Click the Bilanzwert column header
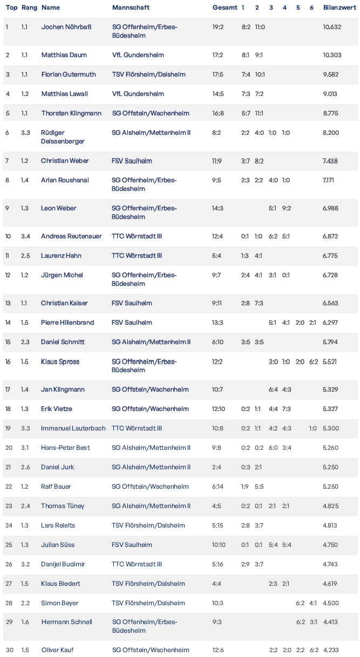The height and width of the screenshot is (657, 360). (339, 8)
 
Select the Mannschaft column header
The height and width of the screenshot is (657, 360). (131, 8)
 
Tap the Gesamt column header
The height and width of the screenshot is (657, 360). (225, 8)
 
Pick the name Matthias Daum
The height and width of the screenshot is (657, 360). (64, 55)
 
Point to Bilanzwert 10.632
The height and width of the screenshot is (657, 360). (332, 27)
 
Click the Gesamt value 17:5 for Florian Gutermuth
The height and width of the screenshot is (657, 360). (219, 74)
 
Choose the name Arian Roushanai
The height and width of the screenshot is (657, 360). (65, 180)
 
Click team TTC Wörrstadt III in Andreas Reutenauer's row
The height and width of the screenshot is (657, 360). (137, 236)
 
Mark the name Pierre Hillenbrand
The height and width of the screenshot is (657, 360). (67, 323)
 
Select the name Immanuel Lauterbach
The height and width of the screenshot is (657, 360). (73, 428)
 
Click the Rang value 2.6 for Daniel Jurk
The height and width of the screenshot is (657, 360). (25, 467)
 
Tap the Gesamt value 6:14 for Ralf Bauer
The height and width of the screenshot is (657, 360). (219, 487)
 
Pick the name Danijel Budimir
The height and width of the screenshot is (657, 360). (63, 564)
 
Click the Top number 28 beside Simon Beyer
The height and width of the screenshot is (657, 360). (8, 603)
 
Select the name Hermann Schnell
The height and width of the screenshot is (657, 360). (66, 622)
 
